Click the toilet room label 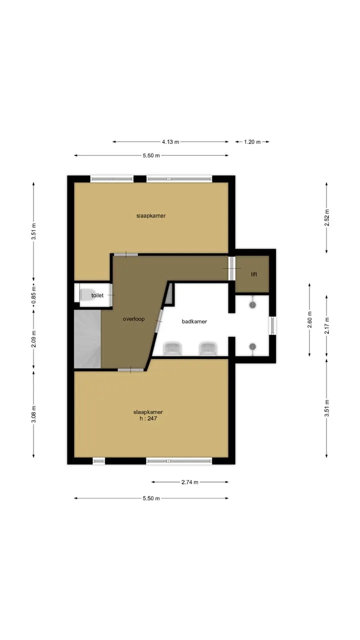(97, 295)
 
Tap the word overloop (133, 319)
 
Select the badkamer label (194, 321)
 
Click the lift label (254, 274)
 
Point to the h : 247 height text (148, 418)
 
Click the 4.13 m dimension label (170, 141)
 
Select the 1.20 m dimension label (252, 141)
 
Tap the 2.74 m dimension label (189, 482)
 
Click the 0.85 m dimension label (33, 294)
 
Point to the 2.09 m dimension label (33, 339)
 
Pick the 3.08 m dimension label (33, 414)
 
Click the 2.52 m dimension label (327, 217)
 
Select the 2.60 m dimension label (309, 319)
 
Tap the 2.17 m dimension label (327, 325)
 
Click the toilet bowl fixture (85, 295)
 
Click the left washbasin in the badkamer (172, 348)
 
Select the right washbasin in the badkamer (208, 348)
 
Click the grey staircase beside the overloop (87, 339)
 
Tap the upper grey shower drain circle (252, 305)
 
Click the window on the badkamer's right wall (272, 325)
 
